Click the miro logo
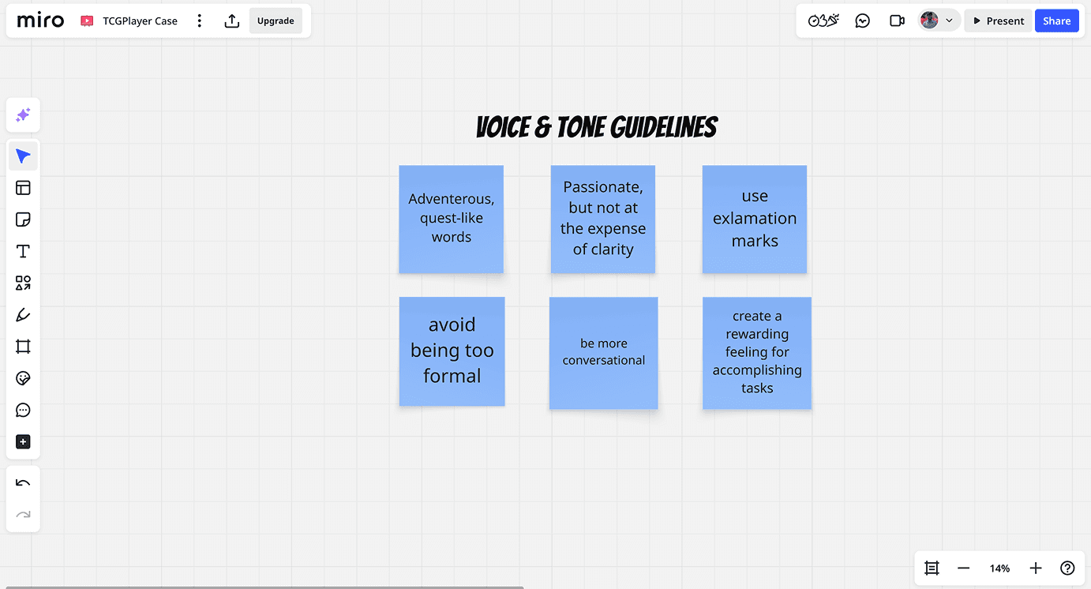point(40,21)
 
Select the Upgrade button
point(276,21)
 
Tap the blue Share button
point(1056,21)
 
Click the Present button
point(998,21)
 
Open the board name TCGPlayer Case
point(140,21)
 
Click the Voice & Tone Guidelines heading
point(597,127)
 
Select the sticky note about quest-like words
point(451,219)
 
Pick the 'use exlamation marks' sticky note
point(754,219)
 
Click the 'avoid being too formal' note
point(452,351)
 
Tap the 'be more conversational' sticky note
point(603,352)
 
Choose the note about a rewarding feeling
point(756,352)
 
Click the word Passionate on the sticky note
point(603,187)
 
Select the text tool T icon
point(23,251)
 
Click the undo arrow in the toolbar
point(23,483)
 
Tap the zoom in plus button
point(1036,568)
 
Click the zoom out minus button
point(963,568)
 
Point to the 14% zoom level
point(999,568)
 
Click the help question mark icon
point(1067,568)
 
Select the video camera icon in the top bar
point(897,21)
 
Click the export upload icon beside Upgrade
point(231,21)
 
